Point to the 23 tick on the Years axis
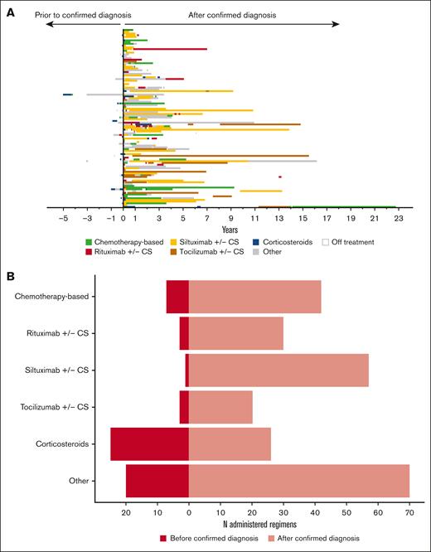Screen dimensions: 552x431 click(x=399, y=219)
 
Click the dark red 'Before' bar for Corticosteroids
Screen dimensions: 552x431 click(x=149, y=444)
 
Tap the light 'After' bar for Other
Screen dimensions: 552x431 click(x=298, y=481)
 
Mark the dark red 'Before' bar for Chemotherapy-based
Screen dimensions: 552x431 click(x=177, y=297)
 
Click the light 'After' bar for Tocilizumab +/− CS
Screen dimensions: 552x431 click(x=220, y=408)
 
